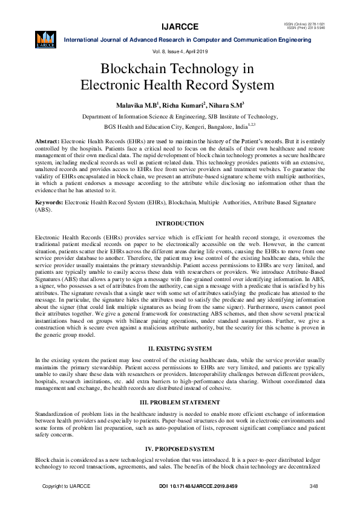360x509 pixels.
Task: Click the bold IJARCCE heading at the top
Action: coord(179,26)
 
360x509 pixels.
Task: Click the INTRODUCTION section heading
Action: coord(180,224)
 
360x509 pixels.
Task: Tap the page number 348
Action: coord(313,487)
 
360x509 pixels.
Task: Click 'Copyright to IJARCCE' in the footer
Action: coord(66,487)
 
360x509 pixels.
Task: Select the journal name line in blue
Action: coord(187,39)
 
